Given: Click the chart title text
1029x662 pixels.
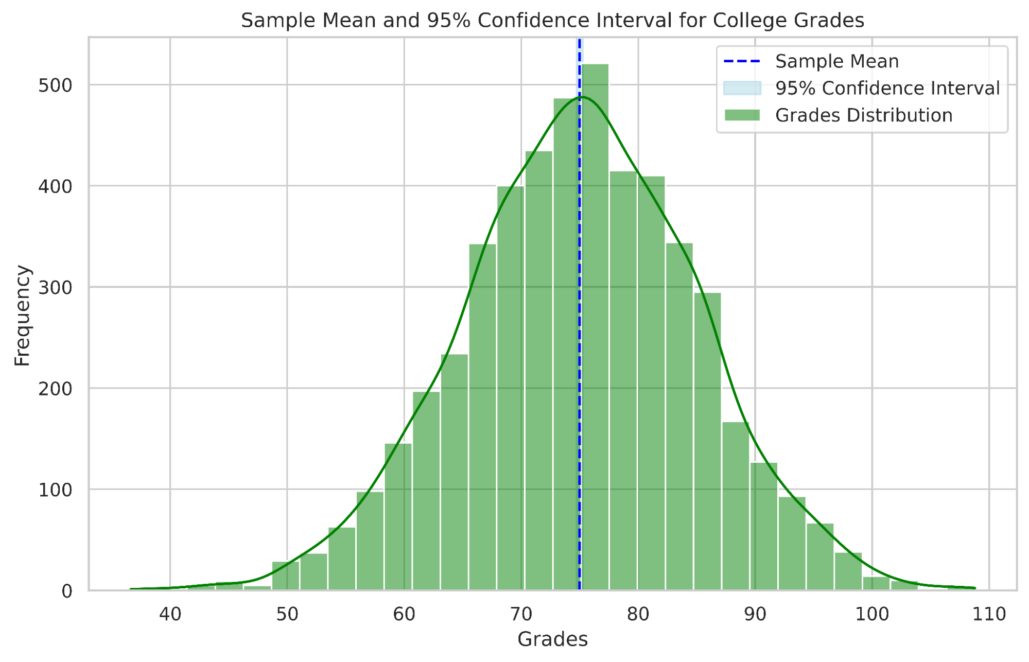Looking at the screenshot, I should coord(552,21).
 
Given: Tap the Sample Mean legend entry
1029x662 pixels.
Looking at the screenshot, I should coord(836,61).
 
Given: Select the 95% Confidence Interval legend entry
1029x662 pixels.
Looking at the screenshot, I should coord(887,88).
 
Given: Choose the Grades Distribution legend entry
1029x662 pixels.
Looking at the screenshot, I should coord(863,115).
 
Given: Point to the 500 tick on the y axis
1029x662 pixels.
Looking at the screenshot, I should coord(55,85).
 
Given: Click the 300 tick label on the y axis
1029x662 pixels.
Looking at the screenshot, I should coord(55,287).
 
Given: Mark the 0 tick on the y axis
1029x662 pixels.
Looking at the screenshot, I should coord(67,591).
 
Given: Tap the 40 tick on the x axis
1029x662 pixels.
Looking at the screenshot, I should coord(170,614).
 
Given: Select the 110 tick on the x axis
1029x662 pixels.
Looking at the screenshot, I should coord(989,614).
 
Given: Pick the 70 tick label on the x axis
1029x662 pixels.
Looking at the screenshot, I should coord(521,614).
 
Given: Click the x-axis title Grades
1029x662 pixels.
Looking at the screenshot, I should coord(552,639).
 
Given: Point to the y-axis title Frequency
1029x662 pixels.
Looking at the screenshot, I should coord(23,315).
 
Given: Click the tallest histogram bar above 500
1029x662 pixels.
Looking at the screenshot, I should coord(595,329).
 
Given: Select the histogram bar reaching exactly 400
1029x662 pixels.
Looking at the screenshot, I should coord(511,386).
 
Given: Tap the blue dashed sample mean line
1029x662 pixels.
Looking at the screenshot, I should coord(580,360).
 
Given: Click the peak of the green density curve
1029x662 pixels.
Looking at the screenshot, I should coord(582,97).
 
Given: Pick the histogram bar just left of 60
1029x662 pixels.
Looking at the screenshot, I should coord(398,515).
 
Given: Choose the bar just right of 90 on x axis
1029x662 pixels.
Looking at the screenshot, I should coord(764,525).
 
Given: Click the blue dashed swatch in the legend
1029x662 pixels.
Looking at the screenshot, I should coord(742,61).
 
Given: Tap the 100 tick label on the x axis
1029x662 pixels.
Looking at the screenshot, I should coord(872,614).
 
